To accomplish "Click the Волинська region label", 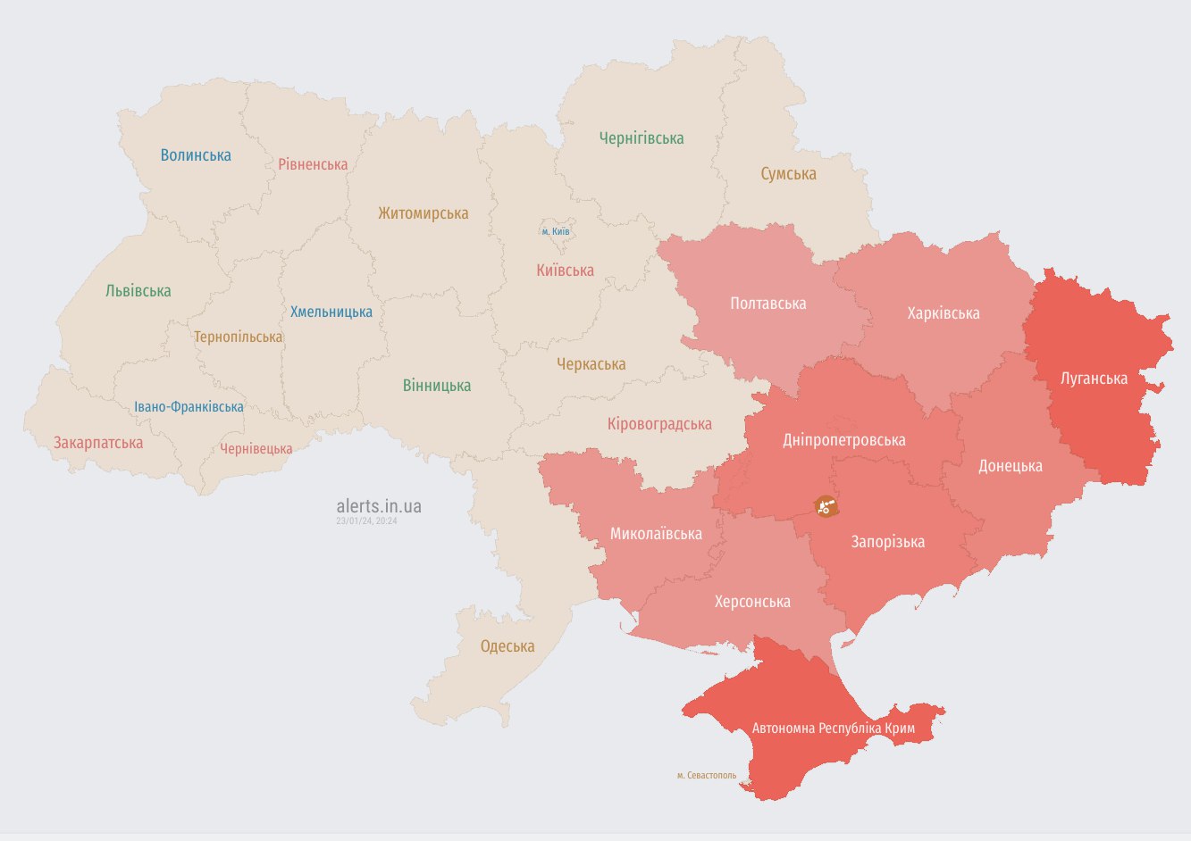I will pyautogui.click(x=196, y=155).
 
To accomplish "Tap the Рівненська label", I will pyautogui.click(x=313, y=164).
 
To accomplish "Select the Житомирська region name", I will pyautogui.click(x=423, y=213).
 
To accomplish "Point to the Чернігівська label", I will pyautogui.click(x=641, y=138).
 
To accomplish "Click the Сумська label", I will pyautogui.click(x=788, y=174).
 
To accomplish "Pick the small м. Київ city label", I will pyautogui.click(x=556, y=231).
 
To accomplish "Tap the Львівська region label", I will pyautogui.click(x=138, y=291).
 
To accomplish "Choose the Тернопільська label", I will pyautogui.click(x=238, y=337).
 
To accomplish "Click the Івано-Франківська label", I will pyautogui.click(x=189, y=407).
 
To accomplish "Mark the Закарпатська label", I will pyautogui.click(x=98, y=443).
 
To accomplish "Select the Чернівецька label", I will pyautogui.click(x=256, y=449).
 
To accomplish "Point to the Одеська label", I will pyautogui.click(x=507, y=646).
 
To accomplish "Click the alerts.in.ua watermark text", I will pyautogui.click(x=379, y=506).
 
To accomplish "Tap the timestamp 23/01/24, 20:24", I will pyautogui.click(x=366, y=520).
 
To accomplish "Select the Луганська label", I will pyautogui.click(x=1094, y=379).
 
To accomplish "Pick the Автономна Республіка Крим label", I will pyautogui.click(x=833, y=729).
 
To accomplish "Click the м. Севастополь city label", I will pyautogui.click(x=707, y=775).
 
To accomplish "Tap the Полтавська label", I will pyautogui.click(x=767, y=304).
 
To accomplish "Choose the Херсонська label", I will pyautogui.click(x=752, y=602).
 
